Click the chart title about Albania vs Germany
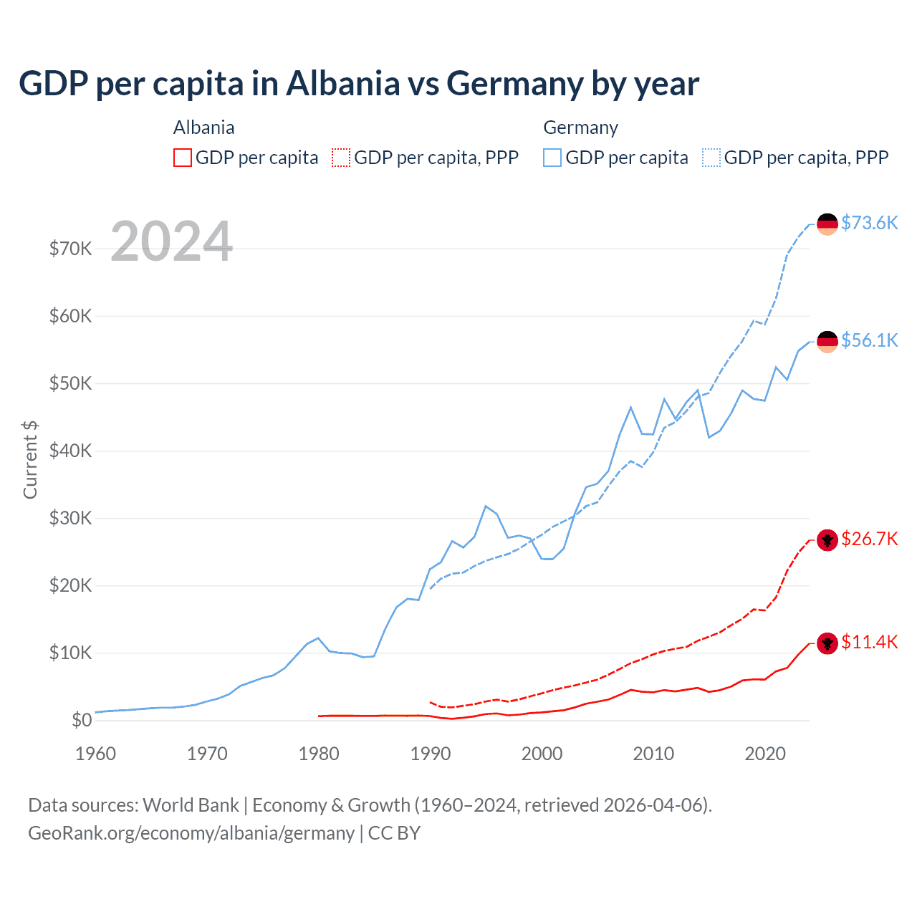pos(359,84)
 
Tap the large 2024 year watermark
pos(172,241)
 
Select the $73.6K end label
pos(869,223)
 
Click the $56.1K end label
pos(869,340)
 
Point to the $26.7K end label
pos(869,539)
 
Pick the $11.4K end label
pos(869,642)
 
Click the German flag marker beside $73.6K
pos(827,224)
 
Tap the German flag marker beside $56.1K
pos(827,342)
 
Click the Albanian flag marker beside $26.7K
pos(827,540)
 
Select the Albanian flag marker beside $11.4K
pos(827,643)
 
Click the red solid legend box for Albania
pos(183,158)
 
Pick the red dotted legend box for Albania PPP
pos(341,158)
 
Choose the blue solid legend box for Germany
pos(552,158)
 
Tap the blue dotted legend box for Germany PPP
pos(711,158)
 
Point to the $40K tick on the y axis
pos(70,451)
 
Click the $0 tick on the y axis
pos(82,720)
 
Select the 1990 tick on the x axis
pos(431,754)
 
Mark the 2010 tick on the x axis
pos(653,754)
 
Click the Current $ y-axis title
pos(30,460)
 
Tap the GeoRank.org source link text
pos(191,833)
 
